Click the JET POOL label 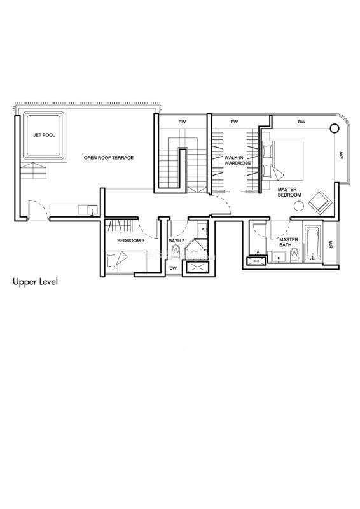(44, 135)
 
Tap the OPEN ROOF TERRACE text (108, 157)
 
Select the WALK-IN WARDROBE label (238, 160)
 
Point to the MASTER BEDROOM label (289, 192)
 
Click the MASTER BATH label (289, 242)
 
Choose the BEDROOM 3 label (130, 241)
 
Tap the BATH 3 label (177, 241)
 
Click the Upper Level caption (35, 281)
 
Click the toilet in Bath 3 (176, 250)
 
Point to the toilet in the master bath (294, 254)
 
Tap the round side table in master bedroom (299, 206)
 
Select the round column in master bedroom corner (334, 129)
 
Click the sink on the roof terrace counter (92, 211)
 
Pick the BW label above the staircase (182, 122)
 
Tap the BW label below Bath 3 (174, 268)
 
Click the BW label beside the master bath (331, 244)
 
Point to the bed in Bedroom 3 (126, 261)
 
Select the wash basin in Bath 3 (203, 229)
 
